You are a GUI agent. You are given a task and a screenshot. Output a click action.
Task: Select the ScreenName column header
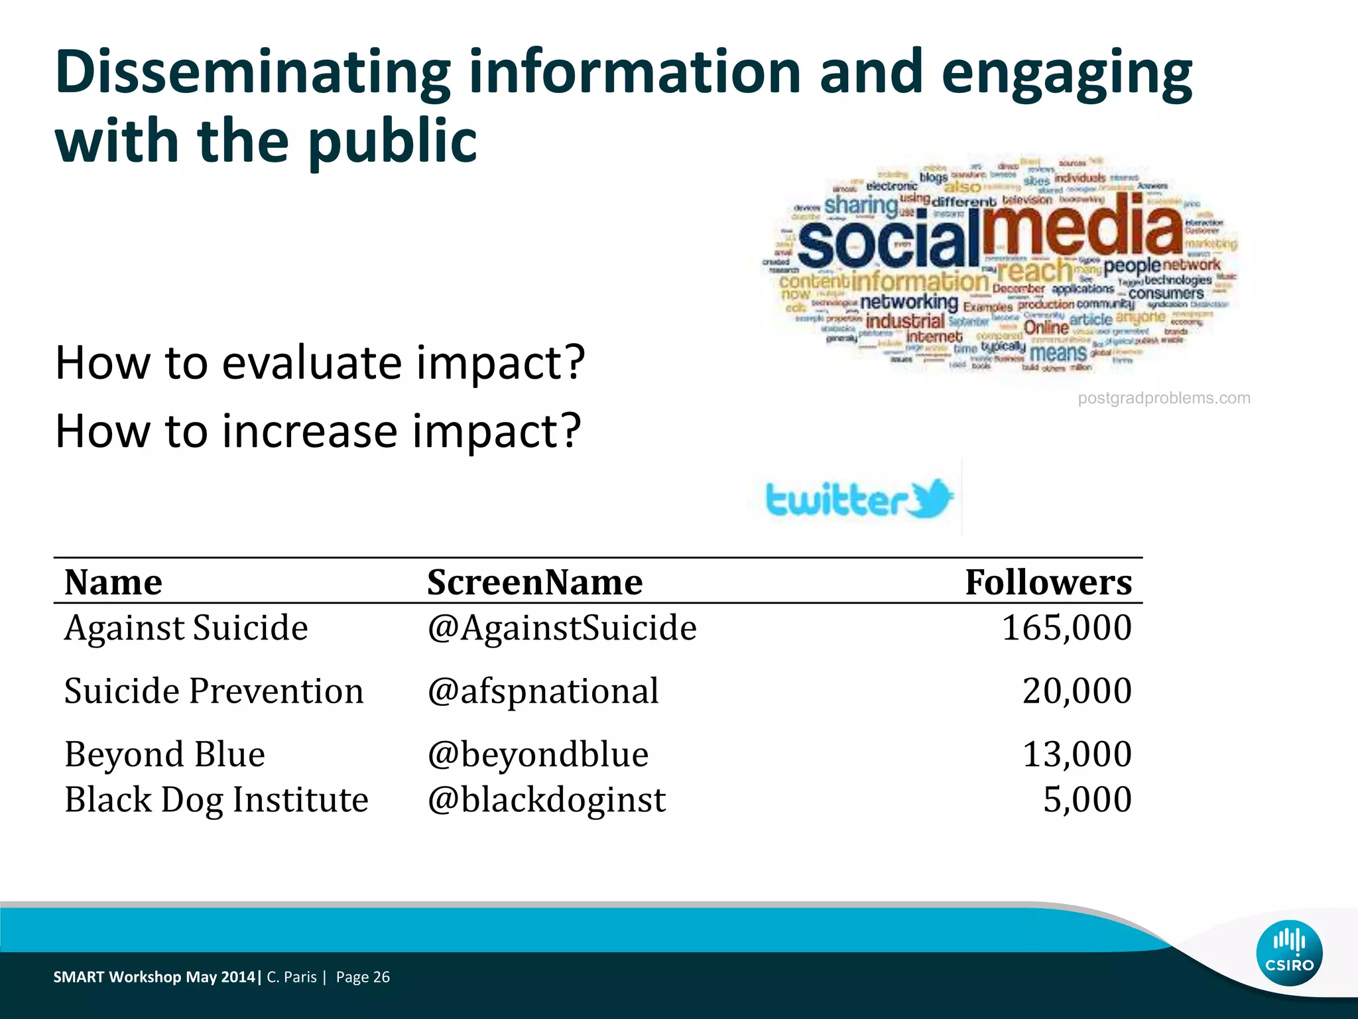534,582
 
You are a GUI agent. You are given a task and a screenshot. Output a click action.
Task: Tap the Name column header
113,582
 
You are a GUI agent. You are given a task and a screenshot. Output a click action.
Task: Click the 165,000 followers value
1066,628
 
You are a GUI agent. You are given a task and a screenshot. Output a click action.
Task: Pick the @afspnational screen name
543,691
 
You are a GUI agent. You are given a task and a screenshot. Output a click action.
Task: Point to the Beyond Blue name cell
164,754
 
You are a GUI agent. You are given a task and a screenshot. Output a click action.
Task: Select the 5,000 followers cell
1087,799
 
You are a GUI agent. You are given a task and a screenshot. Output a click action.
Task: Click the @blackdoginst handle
546,799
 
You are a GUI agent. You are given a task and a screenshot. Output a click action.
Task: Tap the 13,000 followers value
1077,754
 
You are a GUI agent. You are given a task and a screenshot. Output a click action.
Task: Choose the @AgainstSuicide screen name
562,628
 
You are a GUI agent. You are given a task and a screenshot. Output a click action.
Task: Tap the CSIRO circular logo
1289,953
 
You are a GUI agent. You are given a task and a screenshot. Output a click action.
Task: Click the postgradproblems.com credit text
1164,398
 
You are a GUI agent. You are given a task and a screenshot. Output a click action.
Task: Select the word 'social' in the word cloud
889,243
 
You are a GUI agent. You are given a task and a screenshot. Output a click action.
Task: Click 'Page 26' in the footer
363,977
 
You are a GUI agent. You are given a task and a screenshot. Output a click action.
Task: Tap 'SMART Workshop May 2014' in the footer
154,977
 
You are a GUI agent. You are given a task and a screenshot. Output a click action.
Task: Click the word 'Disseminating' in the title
253,72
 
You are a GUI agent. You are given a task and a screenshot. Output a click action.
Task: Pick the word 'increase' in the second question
309,431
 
